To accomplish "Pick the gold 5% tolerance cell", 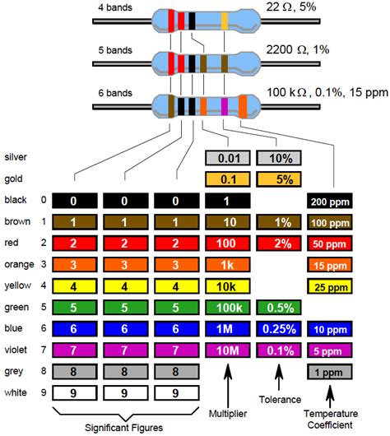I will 277,179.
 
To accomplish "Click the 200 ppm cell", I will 329,201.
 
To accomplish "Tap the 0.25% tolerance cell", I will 277,328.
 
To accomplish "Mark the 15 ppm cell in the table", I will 329,264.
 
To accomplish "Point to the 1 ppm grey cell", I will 329,371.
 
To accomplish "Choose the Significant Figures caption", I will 126,427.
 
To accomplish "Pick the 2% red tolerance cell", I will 277,243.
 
